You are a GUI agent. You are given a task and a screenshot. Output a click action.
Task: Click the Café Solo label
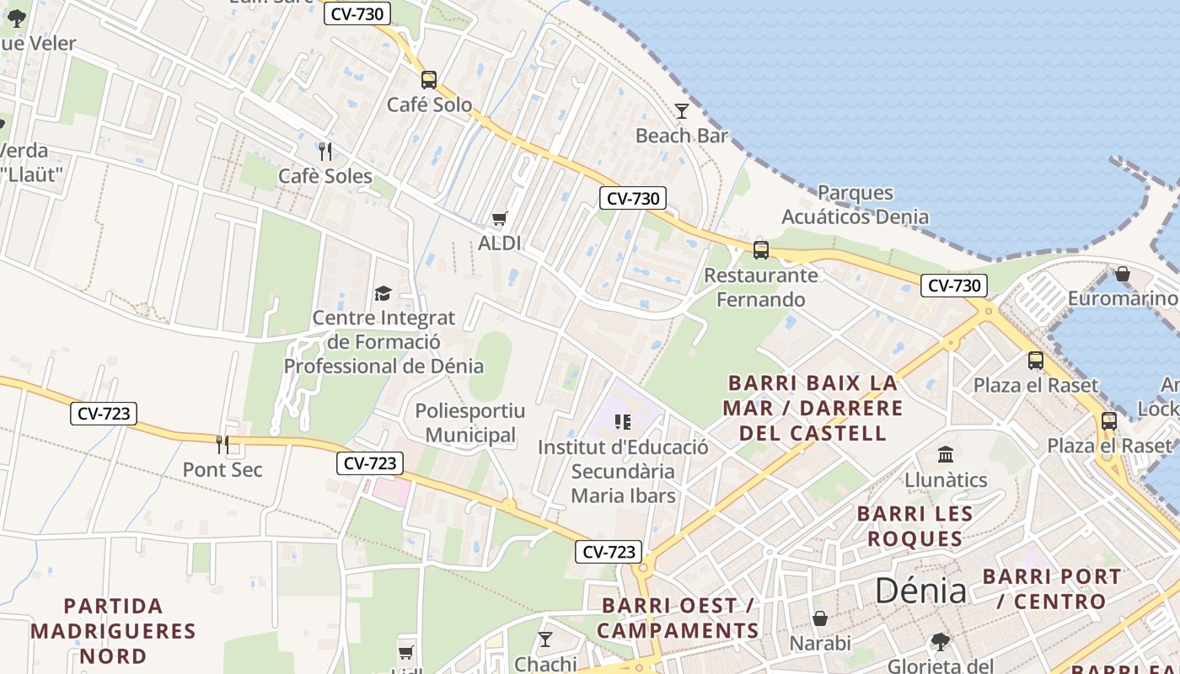(429, 104)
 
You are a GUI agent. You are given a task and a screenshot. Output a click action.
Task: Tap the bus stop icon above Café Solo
(429, 80)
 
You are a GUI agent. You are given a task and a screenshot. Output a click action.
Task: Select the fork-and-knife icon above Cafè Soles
(325, 152)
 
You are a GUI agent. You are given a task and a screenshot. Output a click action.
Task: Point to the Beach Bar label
(681, 136)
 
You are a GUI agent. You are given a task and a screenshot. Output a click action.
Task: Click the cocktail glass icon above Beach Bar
(681, 111)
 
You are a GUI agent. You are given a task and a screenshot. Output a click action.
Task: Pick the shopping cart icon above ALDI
(500, 219)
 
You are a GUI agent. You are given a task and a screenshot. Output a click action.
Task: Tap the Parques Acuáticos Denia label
(855, 205)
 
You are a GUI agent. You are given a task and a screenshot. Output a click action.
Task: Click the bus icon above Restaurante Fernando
(760, 249)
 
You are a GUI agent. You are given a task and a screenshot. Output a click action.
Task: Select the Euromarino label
(1122, 298)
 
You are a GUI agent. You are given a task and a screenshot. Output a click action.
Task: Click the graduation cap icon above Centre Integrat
(383, 293)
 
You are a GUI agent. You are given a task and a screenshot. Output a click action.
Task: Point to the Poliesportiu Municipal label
(470, 423)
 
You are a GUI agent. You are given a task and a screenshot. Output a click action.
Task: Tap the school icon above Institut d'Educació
(623, 421)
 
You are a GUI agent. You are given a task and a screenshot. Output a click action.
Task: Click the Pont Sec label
(223, 469)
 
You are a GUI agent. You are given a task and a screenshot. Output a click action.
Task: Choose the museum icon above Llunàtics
(946, 455)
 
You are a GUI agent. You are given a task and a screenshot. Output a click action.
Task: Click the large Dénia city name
(920, 591)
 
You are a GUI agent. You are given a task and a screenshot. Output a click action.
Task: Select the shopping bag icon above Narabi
(819, 619)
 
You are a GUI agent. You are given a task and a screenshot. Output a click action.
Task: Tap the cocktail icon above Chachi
(545, 639)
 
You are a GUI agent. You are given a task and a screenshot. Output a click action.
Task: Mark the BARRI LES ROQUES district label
(914, 526)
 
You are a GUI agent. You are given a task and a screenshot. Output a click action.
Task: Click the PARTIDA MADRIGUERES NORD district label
(113, 630)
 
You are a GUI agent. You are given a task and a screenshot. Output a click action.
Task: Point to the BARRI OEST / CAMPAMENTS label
(678, 618)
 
